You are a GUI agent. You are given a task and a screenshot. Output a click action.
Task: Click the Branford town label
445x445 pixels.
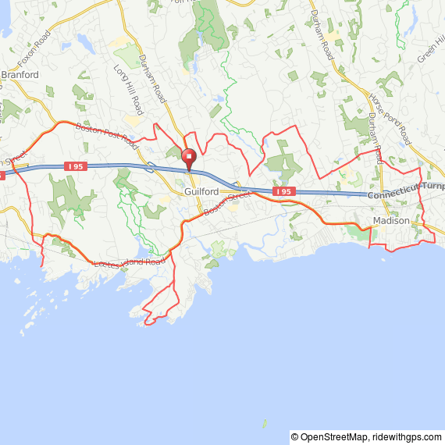pos(20,75)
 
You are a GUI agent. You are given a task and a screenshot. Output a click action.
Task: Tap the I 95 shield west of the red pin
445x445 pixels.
pos(75,166)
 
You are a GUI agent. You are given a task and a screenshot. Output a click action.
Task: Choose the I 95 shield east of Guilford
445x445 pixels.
pos(284,191)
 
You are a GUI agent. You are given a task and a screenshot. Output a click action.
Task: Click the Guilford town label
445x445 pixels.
pos(201,191)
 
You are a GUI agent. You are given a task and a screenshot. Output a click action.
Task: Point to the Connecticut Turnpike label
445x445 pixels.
pos(405,190)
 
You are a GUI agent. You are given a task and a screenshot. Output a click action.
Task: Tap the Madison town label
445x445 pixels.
pos(390,221)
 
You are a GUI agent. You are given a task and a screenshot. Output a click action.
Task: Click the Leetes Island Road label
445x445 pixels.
pos(129,262)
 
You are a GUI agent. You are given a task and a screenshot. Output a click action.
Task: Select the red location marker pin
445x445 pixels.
pos(188,157)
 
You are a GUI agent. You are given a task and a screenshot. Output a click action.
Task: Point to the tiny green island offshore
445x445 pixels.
pos(264,424)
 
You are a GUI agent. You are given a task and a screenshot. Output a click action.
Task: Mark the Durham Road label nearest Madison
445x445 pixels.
pos(374,136)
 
